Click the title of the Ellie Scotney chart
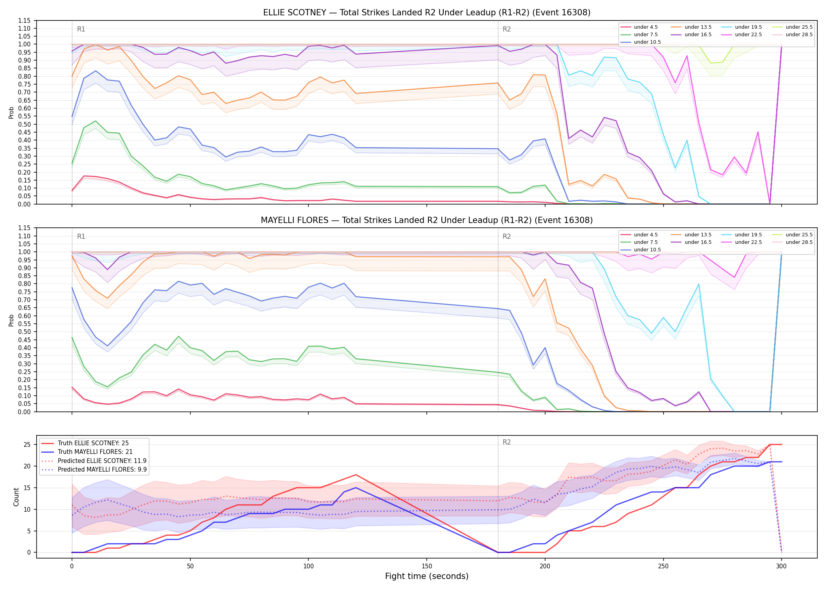coord(427,13)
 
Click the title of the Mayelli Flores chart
coord(427,220)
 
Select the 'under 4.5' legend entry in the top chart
coord(639,27)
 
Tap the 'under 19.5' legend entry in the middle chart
coord(742,235)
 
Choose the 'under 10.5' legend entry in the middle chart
coord(640,250)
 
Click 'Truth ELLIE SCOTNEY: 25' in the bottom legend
coord(85,443)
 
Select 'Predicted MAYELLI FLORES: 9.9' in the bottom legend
coord(94,470)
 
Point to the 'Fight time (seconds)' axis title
coord(427,576)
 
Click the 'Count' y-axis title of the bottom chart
coord(16,497)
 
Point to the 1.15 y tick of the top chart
coord(24,20)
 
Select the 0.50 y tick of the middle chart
coord(24,332)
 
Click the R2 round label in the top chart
coord(507,29)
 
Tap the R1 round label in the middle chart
coord(81,236)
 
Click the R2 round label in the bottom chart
coord(507,442)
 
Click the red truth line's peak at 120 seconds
coord(356,475)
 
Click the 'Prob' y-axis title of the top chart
coord(11,112)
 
